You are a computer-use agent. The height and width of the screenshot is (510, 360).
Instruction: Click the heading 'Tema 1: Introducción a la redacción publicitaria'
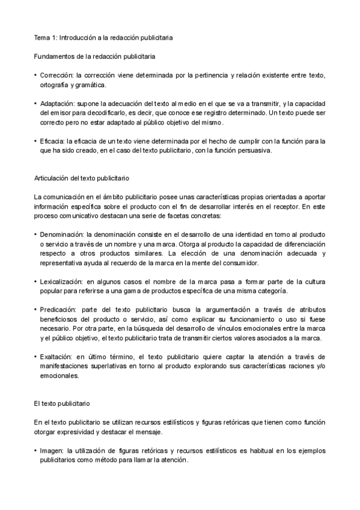tap(103, 37)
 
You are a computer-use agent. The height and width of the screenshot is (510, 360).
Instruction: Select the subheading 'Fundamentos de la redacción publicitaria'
tap(94, 57)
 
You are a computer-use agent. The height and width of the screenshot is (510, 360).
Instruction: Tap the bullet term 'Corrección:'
tap(58, 76)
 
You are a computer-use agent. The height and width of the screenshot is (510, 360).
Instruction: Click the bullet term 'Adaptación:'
tap(58, 103)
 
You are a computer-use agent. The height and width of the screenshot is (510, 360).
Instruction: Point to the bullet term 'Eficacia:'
tap(54, 141)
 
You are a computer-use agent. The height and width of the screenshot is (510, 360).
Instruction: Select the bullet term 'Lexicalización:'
tap(63, 281)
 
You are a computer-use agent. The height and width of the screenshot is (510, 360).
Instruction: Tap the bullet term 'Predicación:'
tap(59, 309)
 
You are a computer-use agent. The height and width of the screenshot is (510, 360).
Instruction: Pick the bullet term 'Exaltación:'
tap(58, 356)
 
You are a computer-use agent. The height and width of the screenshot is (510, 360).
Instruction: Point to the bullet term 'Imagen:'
tap(53, 450)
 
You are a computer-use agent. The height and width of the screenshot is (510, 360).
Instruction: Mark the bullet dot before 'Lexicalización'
tap(35, 281)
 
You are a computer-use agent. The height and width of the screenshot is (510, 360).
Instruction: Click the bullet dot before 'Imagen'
tap(35, 450)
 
